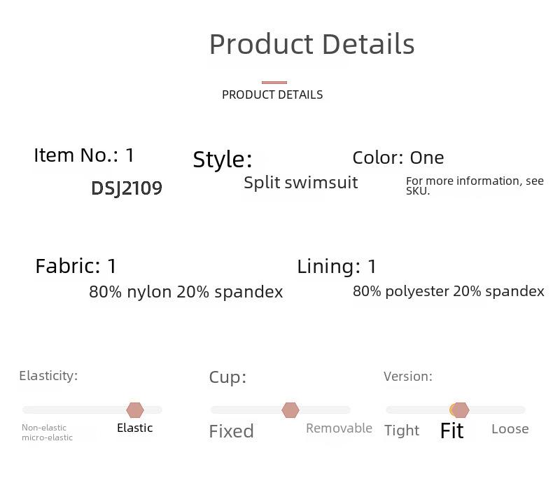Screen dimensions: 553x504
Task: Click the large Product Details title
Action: (311, 44)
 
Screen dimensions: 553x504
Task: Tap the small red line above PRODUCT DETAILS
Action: (274, 83)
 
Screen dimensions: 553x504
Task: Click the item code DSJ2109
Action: (127, 188)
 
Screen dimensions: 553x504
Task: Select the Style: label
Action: (223, 159)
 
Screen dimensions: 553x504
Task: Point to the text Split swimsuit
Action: (301, 183)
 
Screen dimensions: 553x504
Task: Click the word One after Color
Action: (427, 157)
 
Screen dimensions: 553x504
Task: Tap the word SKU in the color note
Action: (418, 191)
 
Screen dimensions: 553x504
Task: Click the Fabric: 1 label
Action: (76, 266)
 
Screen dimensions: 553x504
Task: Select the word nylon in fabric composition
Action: (149, 293)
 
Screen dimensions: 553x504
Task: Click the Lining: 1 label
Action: (337, 266)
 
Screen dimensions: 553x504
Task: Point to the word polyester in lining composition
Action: (417, 292)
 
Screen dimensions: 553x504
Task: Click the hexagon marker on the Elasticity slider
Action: (135, 409)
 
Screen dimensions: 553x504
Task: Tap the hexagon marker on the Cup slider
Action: (290, 409)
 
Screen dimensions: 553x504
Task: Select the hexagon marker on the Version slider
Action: (460, 409)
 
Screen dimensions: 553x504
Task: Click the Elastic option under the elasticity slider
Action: (134, 428)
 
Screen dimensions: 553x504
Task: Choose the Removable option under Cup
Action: (339, 428)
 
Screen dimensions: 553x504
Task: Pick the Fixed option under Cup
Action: (232, 431)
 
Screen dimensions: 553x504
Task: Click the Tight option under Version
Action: (402, 430)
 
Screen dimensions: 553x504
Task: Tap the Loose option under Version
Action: (510, 429)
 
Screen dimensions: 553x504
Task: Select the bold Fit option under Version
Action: (451, 430)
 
